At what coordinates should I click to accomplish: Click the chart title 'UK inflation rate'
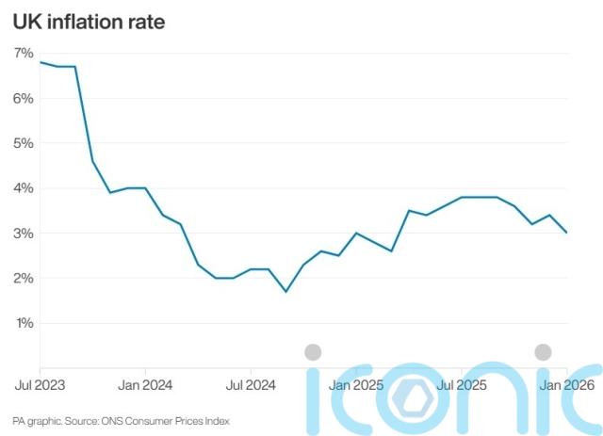click(x=89, y=21)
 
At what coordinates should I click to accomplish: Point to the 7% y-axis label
click(x=24, y=53)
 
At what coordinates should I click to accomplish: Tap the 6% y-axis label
click(x=24, y=98)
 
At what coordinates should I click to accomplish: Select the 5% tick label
click(x=24, y=143)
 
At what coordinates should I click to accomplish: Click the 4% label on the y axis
click(x=24, y=188)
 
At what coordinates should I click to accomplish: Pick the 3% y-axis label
click(x=24, y=234)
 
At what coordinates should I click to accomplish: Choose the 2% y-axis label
click(x=24, y=279)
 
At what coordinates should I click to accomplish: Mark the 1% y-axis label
click(x=24, y=324)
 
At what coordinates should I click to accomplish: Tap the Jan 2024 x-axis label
click(x=146, y=385)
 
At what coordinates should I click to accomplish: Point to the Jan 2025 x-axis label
click(x=356, y=385)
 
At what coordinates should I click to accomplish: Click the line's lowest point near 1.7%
click(x=285, y=292)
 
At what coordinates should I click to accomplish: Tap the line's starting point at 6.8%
click(x=41, y=62)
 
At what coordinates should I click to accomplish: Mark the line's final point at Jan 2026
click(x=566, y=233)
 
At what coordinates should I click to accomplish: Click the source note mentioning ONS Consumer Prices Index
click(x=121, y=421)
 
